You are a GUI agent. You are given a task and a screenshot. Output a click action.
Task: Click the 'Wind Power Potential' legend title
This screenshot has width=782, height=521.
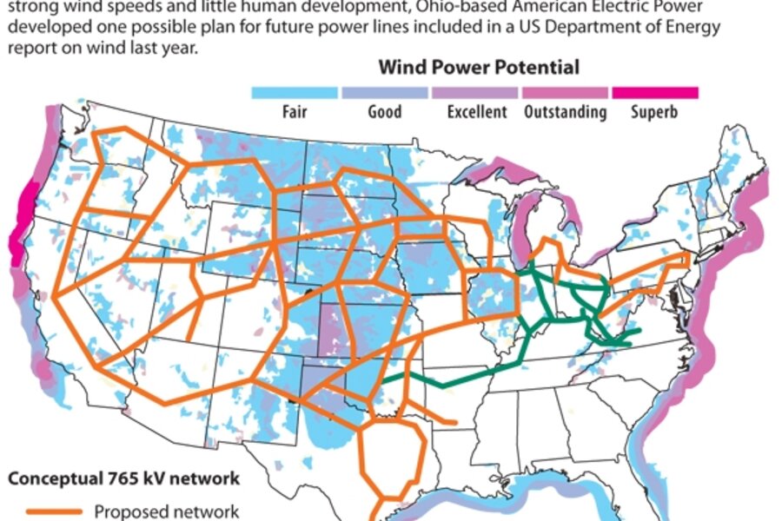479,67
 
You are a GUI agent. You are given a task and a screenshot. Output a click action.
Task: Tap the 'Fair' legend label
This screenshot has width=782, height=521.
295,111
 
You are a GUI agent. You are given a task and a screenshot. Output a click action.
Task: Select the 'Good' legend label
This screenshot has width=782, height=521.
385,111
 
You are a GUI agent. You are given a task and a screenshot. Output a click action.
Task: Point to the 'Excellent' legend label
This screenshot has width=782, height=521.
477,111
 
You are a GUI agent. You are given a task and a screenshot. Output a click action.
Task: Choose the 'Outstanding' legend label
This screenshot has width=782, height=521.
566,111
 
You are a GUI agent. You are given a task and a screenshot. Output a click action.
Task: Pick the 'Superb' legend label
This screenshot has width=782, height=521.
655,111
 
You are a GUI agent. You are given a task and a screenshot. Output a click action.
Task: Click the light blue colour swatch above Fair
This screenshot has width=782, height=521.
295,92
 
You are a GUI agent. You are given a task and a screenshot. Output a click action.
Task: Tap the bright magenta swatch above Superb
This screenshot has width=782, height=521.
655,92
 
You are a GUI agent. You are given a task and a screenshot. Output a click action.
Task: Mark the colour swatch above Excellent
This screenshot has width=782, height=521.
476,92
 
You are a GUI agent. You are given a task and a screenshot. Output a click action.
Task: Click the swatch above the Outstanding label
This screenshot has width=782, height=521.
566,92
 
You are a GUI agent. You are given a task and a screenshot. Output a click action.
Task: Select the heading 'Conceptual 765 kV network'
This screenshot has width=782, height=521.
123,478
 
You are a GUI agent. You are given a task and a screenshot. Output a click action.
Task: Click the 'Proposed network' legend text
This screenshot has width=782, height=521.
166,511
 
